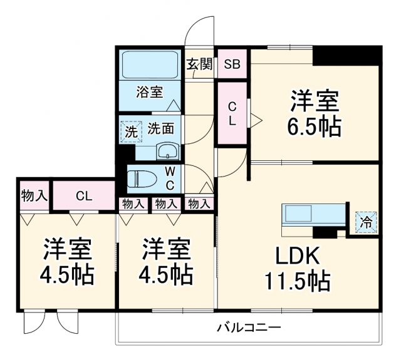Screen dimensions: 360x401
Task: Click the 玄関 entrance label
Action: (x=199, y=64)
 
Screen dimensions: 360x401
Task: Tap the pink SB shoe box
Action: (x=232, y=64)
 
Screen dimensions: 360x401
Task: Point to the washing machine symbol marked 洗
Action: (x=130, y=131)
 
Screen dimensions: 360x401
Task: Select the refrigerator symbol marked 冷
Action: (x=367, y=221)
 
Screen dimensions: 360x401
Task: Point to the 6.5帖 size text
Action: (x=315, y=126)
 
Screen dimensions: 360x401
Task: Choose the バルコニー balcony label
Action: (x=249, y=327)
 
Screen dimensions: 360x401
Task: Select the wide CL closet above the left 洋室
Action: (x=84, y=195)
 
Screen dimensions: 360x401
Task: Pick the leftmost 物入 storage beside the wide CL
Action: (x=34, y=195)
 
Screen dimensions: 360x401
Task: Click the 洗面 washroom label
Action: (x=161, y=129)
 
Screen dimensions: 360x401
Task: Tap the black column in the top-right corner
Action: (x=347, y=55)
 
